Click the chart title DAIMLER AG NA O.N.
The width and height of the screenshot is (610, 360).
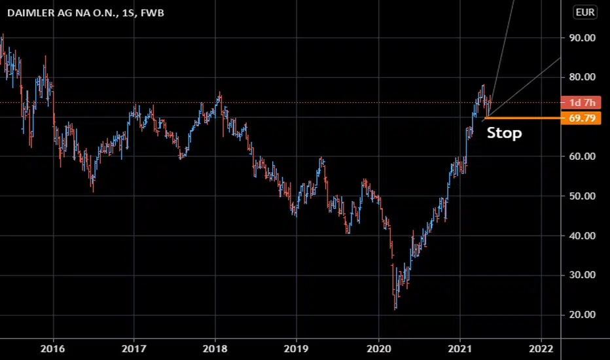coord(62,13)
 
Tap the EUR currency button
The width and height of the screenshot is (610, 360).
coord(585,12)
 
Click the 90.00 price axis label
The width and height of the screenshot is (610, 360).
coord(582,38)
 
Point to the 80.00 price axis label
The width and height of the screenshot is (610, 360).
coord(582,77)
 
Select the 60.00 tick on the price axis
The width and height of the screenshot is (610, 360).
coord(582,156)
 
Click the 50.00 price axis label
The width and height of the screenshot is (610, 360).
coord(582,196)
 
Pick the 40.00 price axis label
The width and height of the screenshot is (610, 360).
coord(582,236)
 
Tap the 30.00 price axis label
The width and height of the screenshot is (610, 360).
coord(582,275)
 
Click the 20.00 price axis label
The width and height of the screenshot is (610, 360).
coord(582,314)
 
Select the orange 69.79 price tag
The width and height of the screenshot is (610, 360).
coord(581,118)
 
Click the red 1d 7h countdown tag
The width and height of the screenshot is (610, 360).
coord(581,103)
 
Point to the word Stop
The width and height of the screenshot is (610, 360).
coord(504,133)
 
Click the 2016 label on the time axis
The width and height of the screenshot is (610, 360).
coord(53,349)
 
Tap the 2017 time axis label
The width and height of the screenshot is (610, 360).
coord(134,349)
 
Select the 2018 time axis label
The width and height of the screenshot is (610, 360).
coord(215,349)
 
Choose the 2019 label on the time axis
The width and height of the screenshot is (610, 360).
coord(296,349)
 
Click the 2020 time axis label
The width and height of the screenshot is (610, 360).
coord(379,349)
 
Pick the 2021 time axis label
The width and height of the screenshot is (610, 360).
coord(460,349)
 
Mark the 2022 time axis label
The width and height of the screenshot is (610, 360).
coord(541,349)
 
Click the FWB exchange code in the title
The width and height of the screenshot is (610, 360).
coord(152,13)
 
